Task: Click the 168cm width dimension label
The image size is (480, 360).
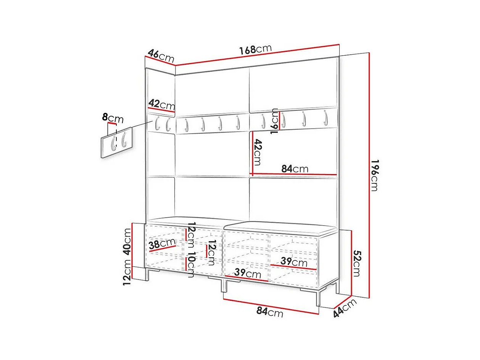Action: tap(255, 50)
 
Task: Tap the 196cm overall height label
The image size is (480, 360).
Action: tap(375, 175)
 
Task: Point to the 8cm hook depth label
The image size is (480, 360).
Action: tap(113, 118)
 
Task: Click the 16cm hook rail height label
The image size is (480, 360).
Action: tap(274, 121)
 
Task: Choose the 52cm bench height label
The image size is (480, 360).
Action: tap(357, 263)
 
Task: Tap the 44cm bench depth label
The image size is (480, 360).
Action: tap(345, 308)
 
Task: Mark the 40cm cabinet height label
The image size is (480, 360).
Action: tap(127, 242)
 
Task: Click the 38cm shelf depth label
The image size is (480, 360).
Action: tap(162, 244)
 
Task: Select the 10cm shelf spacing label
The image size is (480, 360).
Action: tap(191, 264)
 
